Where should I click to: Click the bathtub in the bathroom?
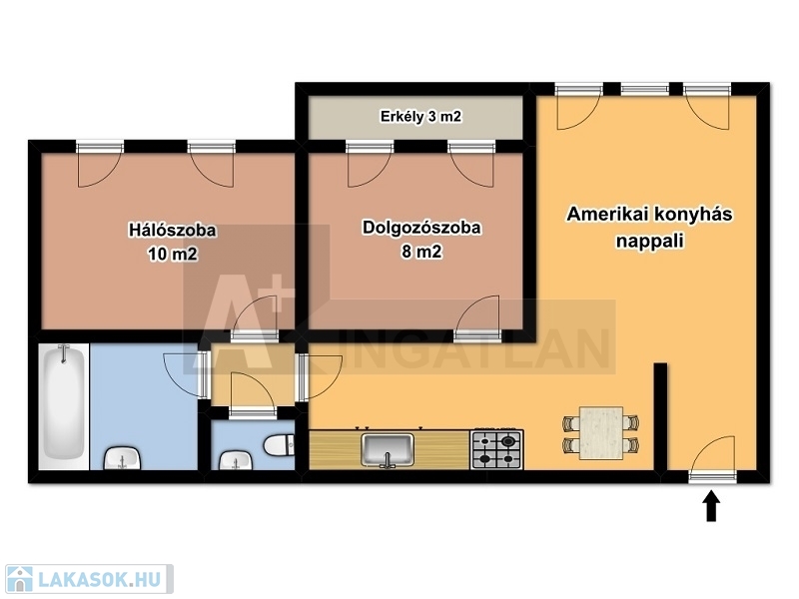(64, 406)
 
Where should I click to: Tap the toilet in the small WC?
(280, 444)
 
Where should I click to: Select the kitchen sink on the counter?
(388, 450)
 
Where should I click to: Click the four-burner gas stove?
(496, 449)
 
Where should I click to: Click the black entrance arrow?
(711, 506)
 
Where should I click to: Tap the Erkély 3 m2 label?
(420, 117)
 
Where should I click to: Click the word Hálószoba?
(172, 231)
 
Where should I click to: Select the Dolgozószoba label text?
(421, 228)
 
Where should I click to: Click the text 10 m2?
(172, 254)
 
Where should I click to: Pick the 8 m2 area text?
(421, 252)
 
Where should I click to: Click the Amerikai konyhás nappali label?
(649, 228)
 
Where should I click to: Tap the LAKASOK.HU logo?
(89, 579)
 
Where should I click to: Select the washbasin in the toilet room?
(235, 460)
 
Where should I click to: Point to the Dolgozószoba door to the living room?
(477, 317)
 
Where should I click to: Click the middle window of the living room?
(644, 90)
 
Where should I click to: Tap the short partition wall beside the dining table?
(660, 416)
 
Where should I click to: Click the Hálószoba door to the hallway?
(255, 317)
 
